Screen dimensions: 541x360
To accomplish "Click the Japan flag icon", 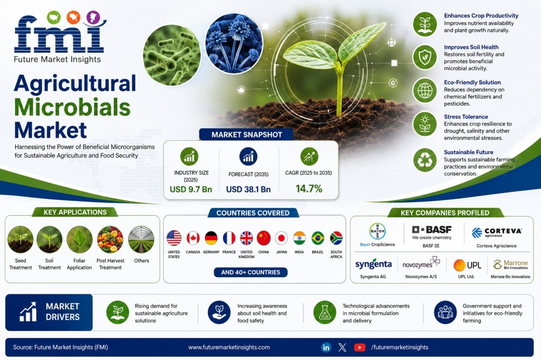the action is [x=281, y=238].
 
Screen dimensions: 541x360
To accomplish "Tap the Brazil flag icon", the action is [x=318, y=238].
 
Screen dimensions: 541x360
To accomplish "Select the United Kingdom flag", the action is [x=247, y=238].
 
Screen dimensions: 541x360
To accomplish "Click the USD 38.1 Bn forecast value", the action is [x=249, y=190].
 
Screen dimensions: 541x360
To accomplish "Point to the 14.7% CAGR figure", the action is [x=309, y=189].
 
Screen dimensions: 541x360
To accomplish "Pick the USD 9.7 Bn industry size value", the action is [x=191, y=190].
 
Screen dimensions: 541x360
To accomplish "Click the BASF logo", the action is [x=432, y=230].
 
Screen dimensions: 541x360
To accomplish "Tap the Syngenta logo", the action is [x=373, y=264].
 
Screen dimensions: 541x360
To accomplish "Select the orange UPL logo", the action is [x=467, y=265].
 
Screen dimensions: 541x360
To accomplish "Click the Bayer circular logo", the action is [x=377, y=231].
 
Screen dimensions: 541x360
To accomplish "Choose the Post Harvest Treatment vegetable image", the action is [x=110, y=239].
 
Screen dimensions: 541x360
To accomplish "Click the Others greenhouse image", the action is [x=141, y=239].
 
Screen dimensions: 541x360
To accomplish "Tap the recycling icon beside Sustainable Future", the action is [x=425, y=160].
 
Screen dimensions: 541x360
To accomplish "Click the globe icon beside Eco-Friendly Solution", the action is [x=425, y=91].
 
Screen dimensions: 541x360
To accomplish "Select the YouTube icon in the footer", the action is [x=359, y=347].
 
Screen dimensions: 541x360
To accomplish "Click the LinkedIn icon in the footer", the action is [x=326, y=347].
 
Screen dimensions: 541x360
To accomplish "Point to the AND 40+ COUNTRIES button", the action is [x=251, y=273].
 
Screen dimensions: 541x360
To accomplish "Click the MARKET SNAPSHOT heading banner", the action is [x=247, y=134].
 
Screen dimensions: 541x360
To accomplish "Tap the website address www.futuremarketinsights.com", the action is [x=229, y=347].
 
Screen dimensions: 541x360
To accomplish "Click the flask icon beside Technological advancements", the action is [x=325, y=312].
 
